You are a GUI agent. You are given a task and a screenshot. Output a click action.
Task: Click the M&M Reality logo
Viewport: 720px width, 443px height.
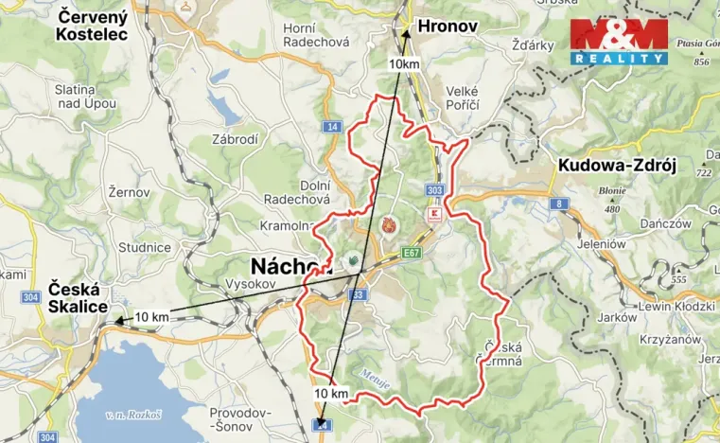(619, 42)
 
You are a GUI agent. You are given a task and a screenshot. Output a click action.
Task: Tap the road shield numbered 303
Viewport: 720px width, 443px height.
(434, 190)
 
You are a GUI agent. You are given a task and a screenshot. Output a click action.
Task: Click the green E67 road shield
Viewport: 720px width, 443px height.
(411, 253)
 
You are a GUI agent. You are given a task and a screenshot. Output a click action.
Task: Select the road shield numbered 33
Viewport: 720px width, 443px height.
(357, 294)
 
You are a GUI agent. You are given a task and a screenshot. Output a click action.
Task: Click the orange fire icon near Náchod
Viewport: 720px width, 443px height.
(389, 225)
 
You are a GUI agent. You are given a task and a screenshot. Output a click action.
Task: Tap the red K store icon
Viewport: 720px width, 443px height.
(435, 217)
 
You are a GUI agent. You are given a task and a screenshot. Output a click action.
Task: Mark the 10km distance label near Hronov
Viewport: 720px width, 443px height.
(404, 63)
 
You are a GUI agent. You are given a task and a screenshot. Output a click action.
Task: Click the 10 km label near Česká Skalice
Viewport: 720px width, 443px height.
(152, 316)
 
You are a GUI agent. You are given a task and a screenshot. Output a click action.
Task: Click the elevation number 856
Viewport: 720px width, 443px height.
(700, 62)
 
